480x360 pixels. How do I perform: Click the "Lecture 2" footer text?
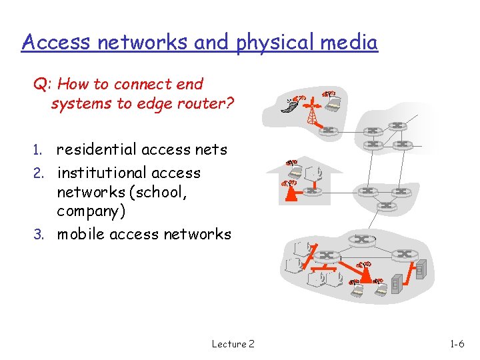click(x=233, y=344)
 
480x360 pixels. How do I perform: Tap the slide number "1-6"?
click(x=457, y=344)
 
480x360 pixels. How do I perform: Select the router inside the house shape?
click(x=312, y=191)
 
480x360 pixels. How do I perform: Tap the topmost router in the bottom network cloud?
click(x=362, y=239)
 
